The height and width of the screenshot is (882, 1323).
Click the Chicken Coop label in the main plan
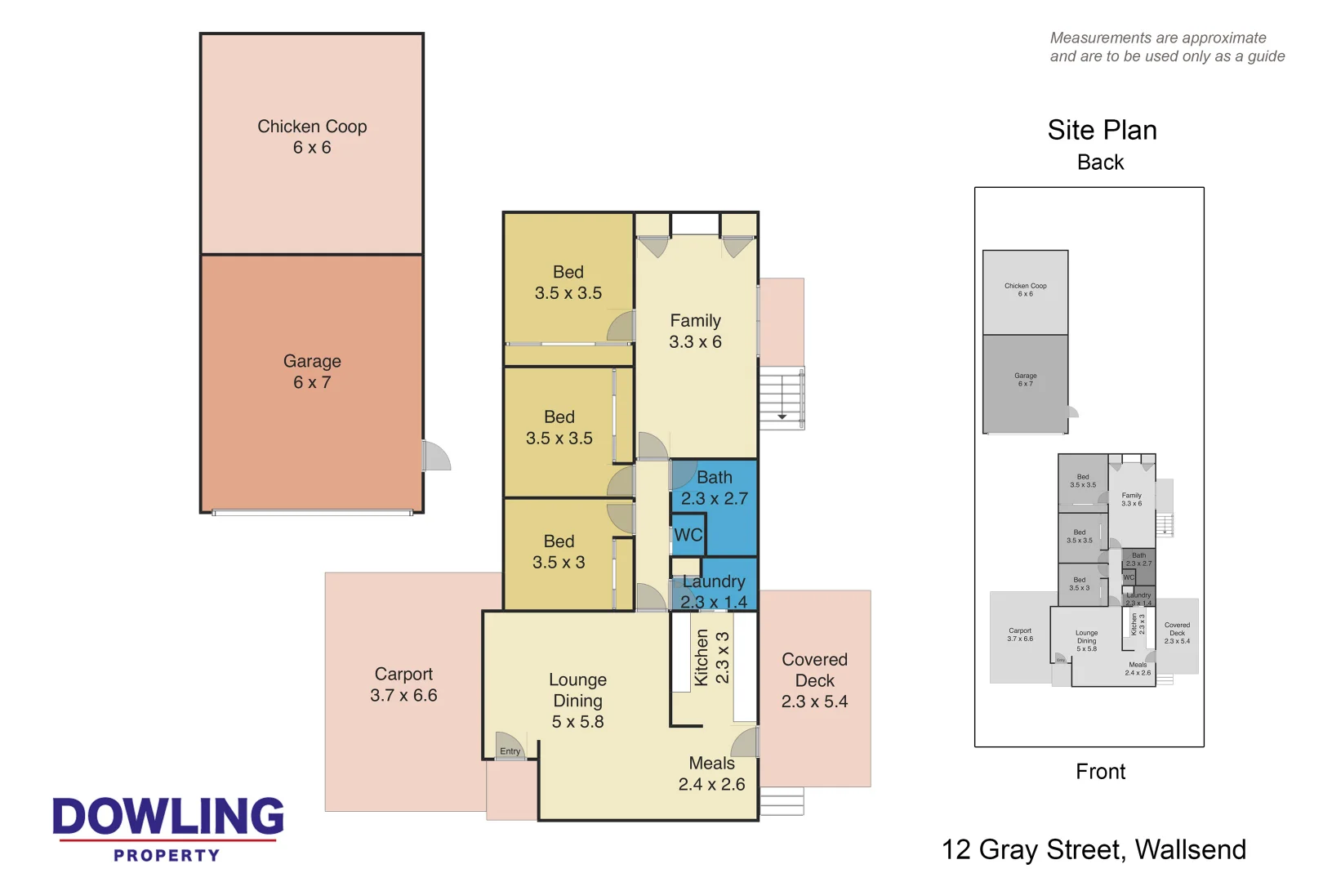tap(312, 127)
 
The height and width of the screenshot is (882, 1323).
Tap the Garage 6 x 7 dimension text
tap(312, 382)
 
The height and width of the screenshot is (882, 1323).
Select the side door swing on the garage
tap(436, 456)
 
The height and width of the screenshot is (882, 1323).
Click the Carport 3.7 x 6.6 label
tap(403, 685)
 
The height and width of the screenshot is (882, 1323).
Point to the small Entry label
tap(510, 751)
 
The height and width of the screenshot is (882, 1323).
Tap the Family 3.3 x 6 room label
tap(695, 332)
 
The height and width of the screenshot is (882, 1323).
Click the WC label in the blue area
tap(688, 535)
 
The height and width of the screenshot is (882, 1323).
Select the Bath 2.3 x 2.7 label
tap(714, 488)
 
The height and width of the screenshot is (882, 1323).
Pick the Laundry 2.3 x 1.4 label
tap(714, 592)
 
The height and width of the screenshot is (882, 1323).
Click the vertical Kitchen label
tap(702, 657)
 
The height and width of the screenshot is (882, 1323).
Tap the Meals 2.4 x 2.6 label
tap(711, 774)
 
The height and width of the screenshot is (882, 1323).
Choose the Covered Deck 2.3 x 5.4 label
tap(814, 680)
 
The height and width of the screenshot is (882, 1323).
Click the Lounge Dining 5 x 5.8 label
tap(577, 701)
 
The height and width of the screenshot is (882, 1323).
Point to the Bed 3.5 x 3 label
tap(559, 552)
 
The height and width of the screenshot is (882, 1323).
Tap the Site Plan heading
tap(1102, 131)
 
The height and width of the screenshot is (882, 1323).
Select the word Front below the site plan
tap(1100, 772)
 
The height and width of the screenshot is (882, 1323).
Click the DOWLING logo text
tap(168, 817)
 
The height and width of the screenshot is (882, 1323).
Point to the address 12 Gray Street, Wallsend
tap(1094, 850)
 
